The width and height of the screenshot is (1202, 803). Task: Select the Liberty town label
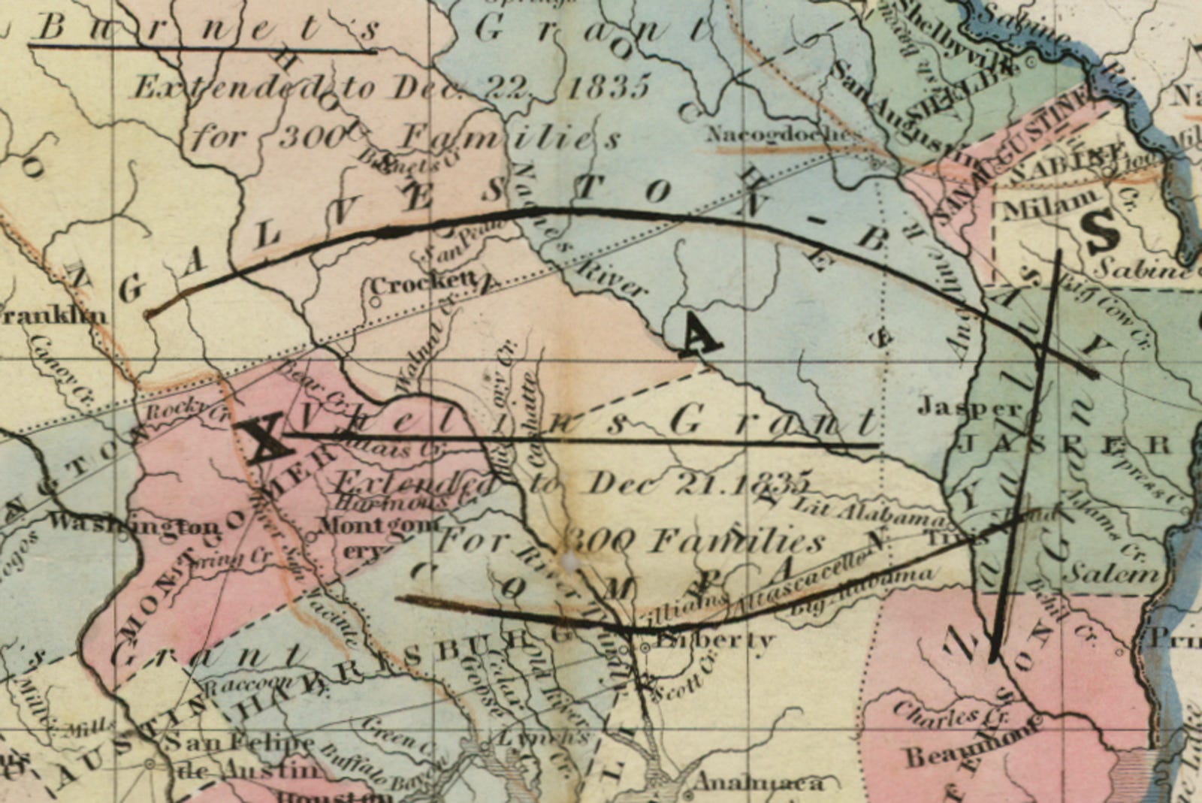(714, 641)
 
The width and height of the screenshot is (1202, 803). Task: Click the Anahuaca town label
(759, 783)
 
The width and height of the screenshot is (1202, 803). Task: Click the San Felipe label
(238, 744)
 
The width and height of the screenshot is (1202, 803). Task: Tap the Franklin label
(53, 314)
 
